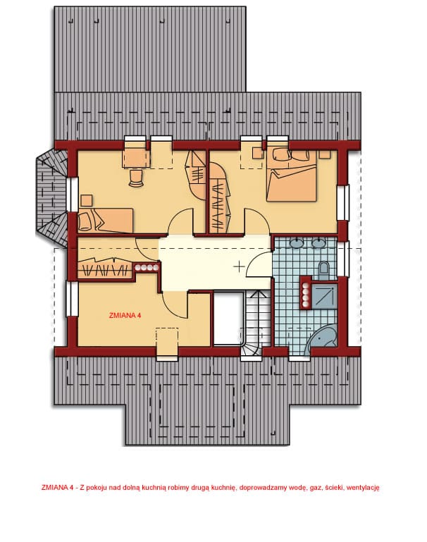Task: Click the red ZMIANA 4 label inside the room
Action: [125, 315]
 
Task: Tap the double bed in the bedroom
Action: [291, 175]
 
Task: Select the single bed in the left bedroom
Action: [106, 220]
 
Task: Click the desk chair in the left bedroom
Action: [136, 178]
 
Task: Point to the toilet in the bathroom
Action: [324, 270]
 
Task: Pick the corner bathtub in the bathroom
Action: [321, 340]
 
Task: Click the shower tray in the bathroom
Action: [324, 295]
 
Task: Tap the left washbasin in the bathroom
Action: [297, 242]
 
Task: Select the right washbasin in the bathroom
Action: [318, 242]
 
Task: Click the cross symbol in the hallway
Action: [239, 266]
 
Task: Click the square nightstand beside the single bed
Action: [87, 200]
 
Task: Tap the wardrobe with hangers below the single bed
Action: [105, 269]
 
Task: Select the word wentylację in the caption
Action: [362, 488]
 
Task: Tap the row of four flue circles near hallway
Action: [147, 267]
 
